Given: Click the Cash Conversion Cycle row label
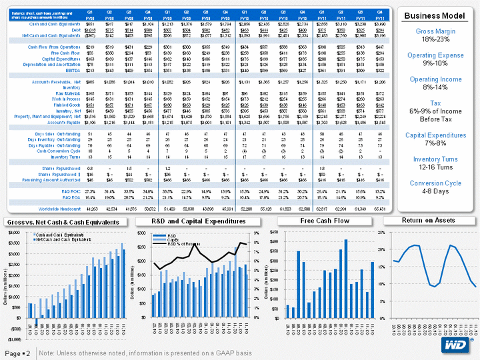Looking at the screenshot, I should tap(59, 151).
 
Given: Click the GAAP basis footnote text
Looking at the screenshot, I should tap(145, 351).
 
